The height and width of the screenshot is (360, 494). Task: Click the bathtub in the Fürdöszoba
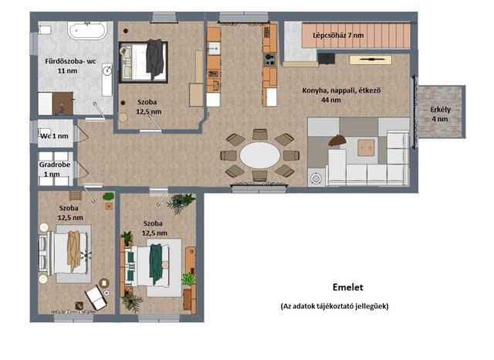pos(86,31)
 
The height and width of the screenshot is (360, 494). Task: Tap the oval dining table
pos(259,155)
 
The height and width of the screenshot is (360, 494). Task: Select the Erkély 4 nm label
pos(440,114)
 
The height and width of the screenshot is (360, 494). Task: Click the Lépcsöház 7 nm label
pos(338,35)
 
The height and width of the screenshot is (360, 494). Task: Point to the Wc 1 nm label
pos(54,136)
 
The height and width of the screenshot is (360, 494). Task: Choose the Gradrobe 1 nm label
pos(55,169)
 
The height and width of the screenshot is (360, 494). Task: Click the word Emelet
pos(348,287)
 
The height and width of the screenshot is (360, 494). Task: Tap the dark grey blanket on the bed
pos(154,59)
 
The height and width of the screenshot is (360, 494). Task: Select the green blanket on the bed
pos(156,264)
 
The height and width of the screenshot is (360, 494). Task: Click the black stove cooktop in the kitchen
pos(269,59)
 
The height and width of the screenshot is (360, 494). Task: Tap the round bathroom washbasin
pos(107,70)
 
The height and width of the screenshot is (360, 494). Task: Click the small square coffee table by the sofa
pos(366,148)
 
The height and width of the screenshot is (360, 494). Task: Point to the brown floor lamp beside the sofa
pos(337,141)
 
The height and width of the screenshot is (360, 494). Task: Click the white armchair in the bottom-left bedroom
pos(96,297)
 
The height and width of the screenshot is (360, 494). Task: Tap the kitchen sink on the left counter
pos(214,49)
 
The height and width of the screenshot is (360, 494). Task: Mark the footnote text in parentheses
pos(334,306)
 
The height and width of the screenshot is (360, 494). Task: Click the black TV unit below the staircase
pos(327,59)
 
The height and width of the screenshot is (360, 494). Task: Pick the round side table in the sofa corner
pos(316,178)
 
